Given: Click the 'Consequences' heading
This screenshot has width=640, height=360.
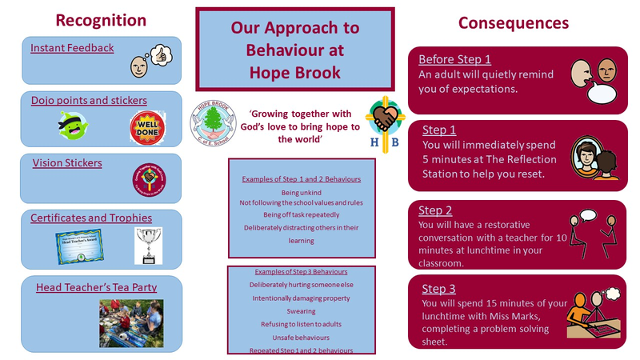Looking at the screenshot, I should (513, 22).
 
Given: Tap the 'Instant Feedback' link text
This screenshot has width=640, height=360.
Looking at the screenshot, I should (72, 48).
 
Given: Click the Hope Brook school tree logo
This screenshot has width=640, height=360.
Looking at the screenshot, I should (214, 125).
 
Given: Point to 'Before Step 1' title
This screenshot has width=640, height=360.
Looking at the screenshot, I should (454, 59).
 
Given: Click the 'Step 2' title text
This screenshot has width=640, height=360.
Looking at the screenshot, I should (435, 210).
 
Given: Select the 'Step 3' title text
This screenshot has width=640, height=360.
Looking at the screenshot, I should (435, 288).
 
